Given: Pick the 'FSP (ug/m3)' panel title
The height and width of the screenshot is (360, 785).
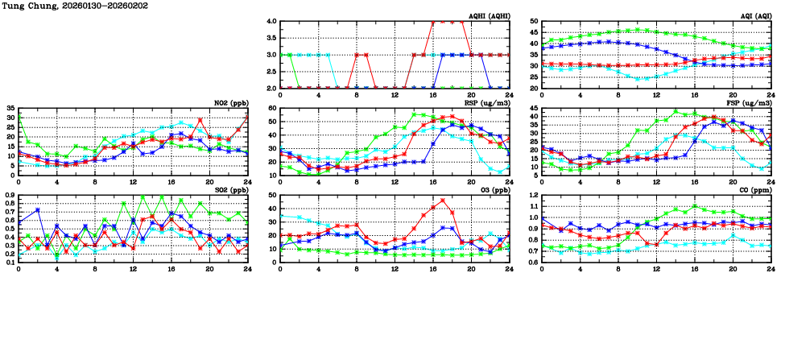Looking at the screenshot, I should tap(749, 102).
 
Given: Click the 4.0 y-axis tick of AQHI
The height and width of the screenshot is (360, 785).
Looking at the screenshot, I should tap(272, 22).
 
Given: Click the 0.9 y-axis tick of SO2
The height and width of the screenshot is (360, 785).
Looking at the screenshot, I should tap(10, 196).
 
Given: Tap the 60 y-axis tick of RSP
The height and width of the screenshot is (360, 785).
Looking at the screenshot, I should tap(272, 109).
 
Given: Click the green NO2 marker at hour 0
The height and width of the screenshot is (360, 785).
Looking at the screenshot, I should tap(19, 117).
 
